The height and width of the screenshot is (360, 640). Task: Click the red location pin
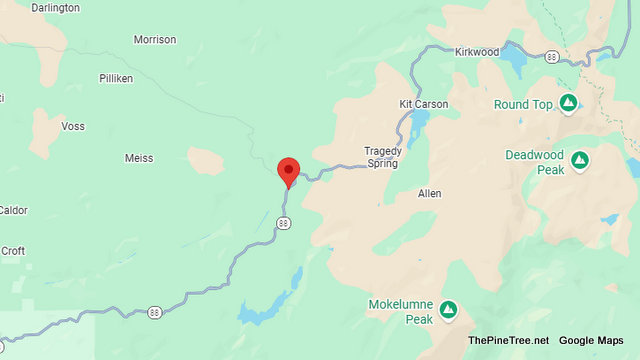tap(288, 171)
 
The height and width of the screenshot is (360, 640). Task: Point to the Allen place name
tap(429, 192)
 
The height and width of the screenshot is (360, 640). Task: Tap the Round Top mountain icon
tap(568, 103)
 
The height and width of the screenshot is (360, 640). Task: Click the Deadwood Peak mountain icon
tap(579, 161)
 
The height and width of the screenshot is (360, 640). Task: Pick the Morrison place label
tap(154, 40)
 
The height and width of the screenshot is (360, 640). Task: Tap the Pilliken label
tap(116, 78)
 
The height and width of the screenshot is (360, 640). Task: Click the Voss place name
tap(73, 127)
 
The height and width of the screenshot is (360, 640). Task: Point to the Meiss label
tap(139, 158)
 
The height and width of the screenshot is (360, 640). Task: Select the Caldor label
tap(12, 210)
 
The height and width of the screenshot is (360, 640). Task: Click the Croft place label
tap(13, 251)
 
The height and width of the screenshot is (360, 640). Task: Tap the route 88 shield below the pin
tap(284, 222)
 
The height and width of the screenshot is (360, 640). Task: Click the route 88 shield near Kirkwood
tap(552, 57)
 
